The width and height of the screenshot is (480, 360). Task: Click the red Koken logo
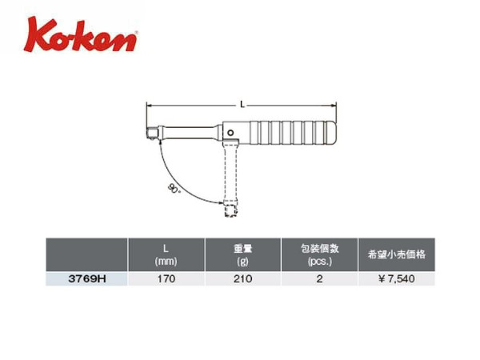pyautogui.click(x=81, y=35)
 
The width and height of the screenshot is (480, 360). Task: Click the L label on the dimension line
pyautogui.click(x=242, y=105)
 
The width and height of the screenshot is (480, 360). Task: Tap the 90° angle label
pyautogui.click(x=174, y=188)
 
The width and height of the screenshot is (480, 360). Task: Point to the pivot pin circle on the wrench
pyautogui.click(x=231, y=133)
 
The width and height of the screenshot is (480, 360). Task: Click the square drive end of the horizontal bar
pyautogui.click(x=152, y=134)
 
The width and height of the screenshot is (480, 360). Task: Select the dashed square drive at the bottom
pyautogui.click(x=230, y=211)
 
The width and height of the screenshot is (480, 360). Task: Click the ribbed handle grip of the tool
pyautogui.click(x=293, y=133)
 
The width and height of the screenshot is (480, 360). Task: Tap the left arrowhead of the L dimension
pyautogui.click(x=149, y=106)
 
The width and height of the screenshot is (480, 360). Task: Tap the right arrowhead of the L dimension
pyautogui.click(x=334, y=106)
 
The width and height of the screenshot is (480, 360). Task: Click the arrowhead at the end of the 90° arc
pyautogui.click(x=221, y=202)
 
